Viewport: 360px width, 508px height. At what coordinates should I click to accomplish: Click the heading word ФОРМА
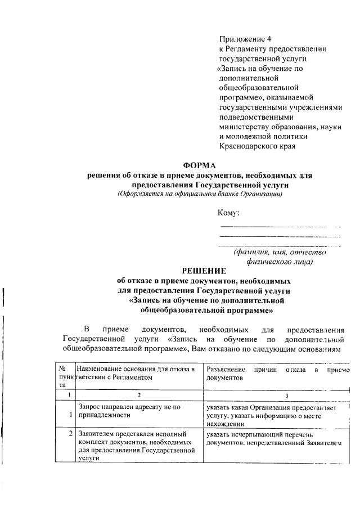[200, 165]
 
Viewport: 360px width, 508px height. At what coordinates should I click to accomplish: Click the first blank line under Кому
[280, 226]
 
